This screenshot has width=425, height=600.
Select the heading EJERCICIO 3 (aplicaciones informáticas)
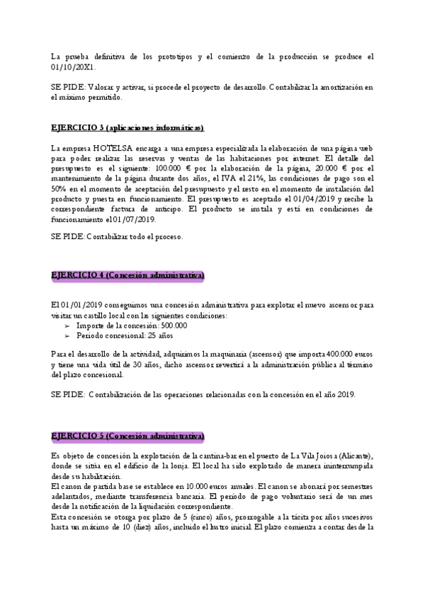pos(128,127)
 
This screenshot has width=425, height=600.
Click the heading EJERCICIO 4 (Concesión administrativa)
pos(128,275)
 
